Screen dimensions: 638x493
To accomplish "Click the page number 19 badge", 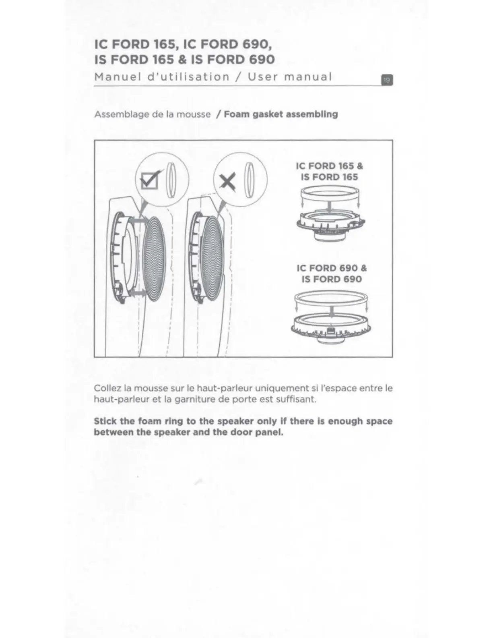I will (386, 80).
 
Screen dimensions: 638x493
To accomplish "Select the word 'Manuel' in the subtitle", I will (118, 77).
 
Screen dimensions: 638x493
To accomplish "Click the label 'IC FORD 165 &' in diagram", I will (329, 166).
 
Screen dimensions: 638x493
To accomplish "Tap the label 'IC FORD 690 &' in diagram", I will (332, 268).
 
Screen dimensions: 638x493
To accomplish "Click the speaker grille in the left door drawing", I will (155, 259).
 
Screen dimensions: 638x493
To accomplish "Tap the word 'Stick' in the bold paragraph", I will (105, 421).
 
